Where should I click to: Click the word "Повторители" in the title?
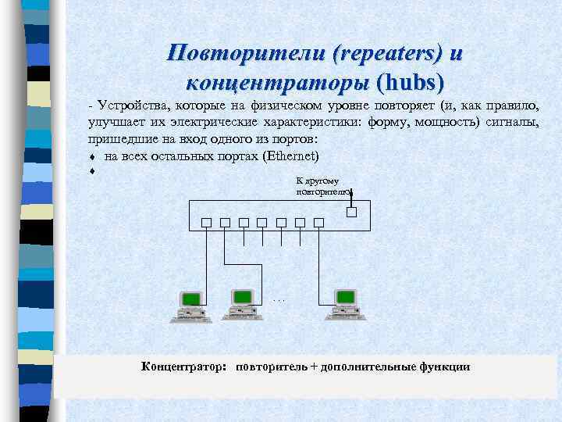(x=246, y=53)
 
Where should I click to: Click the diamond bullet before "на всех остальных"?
(x=92, y=156)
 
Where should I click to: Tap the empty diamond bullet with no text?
(x=92, y=170)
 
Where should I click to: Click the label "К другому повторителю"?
(x=322, y=186)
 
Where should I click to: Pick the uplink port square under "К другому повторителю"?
(x=351, y=211)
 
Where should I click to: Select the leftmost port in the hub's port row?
(x=206, y=222)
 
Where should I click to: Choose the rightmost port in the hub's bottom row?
(x=318, y=222)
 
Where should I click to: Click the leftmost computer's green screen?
(x=190, y=299)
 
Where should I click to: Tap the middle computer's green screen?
(x=242, y=297)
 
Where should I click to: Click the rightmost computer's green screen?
(x=343, y=297)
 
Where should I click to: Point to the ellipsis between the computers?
(x=280, y=300)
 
